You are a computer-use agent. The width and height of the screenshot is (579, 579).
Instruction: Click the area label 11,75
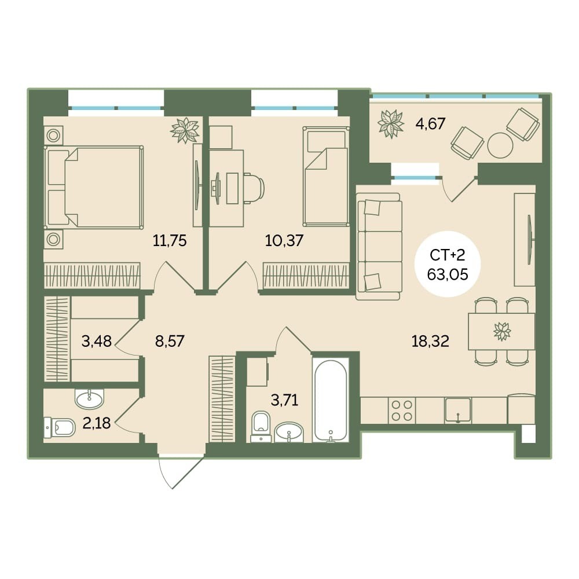pyautogui.click(x=170, y=241)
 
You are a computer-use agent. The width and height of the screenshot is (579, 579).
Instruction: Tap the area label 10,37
pyautogui.click(x=284, y=241)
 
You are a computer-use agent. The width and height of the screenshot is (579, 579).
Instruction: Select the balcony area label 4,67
pyautogui.click(x=431, y=123)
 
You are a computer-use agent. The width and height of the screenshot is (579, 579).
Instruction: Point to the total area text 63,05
pyautogui.click(x=448, y=274)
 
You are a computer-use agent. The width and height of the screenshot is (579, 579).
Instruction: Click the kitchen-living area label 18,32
pyautogui.click(x=430, y=341)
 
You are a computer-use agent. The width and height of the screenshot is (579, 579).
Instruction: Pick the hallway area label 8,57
pyautogui.click(x=170, y=341)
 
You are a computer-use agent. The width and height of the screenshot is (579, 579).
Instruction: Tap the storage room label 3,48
pyautogui.click(x=96, y=341)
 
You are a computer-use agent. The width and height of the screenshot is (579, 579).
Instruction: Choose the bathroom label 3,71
pyautogui.click(x=284, y=400)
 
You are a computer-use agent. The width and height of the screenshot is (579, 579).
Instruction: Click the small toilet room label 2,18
pyautogui.click(x=96, y=423)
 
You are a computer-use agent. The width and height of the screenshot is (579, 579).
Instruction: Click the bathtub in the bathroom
pyautogui.click(x=330, y=400)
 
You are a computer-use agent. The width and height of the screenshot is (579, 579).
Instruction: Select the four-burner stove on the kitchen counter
pyautogui.click(x=402, y=411)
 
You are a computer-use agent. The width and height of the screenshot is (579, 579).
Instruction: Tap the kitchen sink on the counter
pyautogui.click(x=458, y=410)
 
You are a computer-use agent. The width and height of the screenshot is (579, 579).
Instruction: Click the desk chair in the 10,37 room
pyautogui.click(x=252, y=188)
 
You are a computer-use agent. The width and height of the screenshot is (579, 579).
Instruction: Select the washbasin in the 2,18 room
pyautogui.click(x=89, y=399)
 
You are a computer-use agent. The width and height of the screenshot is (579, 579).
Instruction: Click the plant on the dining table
pyautogui.click(x=502, y=331)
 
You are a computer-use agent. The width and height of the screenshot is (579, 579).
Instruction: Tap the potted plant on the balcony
pyautogui.click(x=391, y=123)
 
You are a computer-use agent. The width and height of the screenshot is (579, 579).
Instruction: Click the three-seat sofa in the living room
pyautogui.click(x=379, y=246)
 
